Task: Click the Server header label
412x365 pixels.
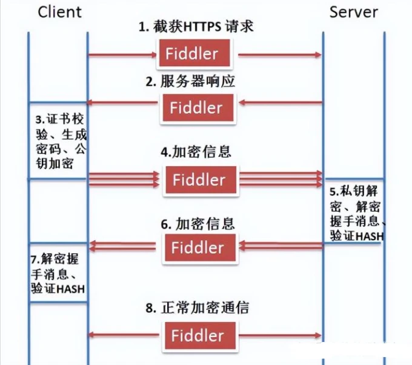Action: tap(354, 12)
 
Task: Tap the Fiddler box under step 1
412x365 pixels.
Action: tap(195, 54)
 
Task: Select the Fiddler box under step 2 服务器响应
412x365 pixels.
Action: tap(195, 107)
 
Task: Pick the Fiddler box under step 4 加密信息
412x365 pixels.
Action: tap(198, 179)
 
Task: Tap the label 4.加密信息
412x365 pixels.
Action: tap(196, 152)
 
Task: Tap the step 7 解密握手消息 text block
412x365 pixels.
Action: tap(58, 274)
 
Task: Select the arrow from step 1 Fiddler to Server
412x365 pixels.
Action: tap(279, 55)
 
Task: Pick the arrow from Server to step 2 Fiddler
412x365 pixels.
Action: tap(279, 102)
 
